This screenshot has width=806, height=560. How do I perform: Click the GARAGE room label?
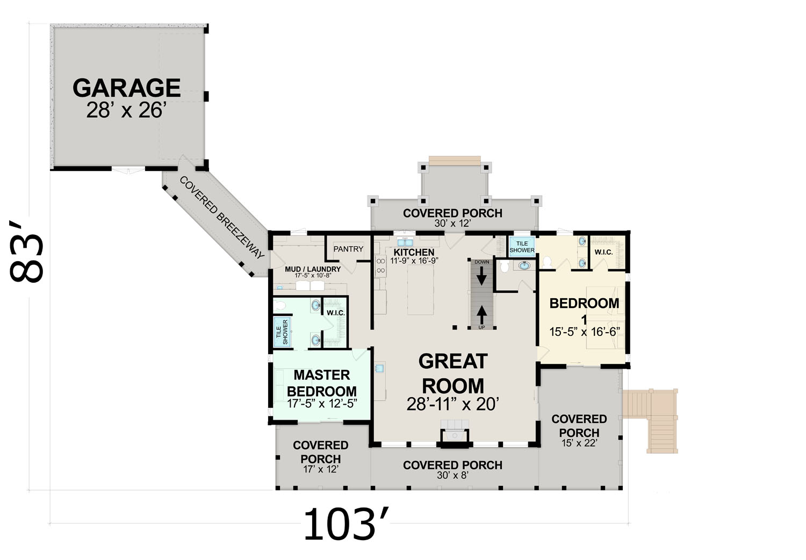[x=127, y=88]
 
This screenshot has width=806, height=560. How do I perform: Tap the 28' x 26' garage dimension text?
[x=127, y=110]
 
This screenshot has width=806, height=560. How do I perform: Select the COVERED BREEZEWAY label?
[x=221, y=217]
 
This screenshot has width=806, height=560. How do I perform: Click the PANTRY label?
[x=348, y=249]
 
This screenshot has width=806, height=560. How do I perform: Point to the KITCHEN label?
[x=414, y=252]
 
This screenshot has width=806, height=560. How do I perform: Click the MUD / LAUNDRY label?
[x=313, y=269]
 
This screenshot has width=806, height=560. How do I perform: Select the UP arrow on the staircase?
[x=482, y=315]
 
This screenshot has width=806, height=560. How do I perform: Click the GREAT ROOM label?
[x=453, y=374]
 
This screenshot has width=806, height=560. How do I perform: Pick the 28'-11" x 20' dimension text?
[x=452, y=404]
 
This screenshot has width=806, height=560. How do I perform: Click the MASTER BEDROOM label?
[x=322, y=383]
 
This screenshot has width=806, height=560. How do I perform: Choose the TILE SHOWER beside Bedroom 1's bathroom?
[x=522, y=247]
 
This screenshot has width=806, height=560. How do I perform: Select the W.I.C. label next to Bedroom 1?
[x=603, y=252]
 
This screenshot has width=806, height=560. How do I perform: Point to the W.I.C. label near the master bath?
[x=336, y=313]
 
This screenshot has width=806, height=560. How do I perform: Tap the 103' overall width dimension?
[x=347, y=524]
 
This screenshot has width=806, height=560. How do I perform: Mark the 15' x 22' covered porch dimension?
[x=579, y=443]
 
